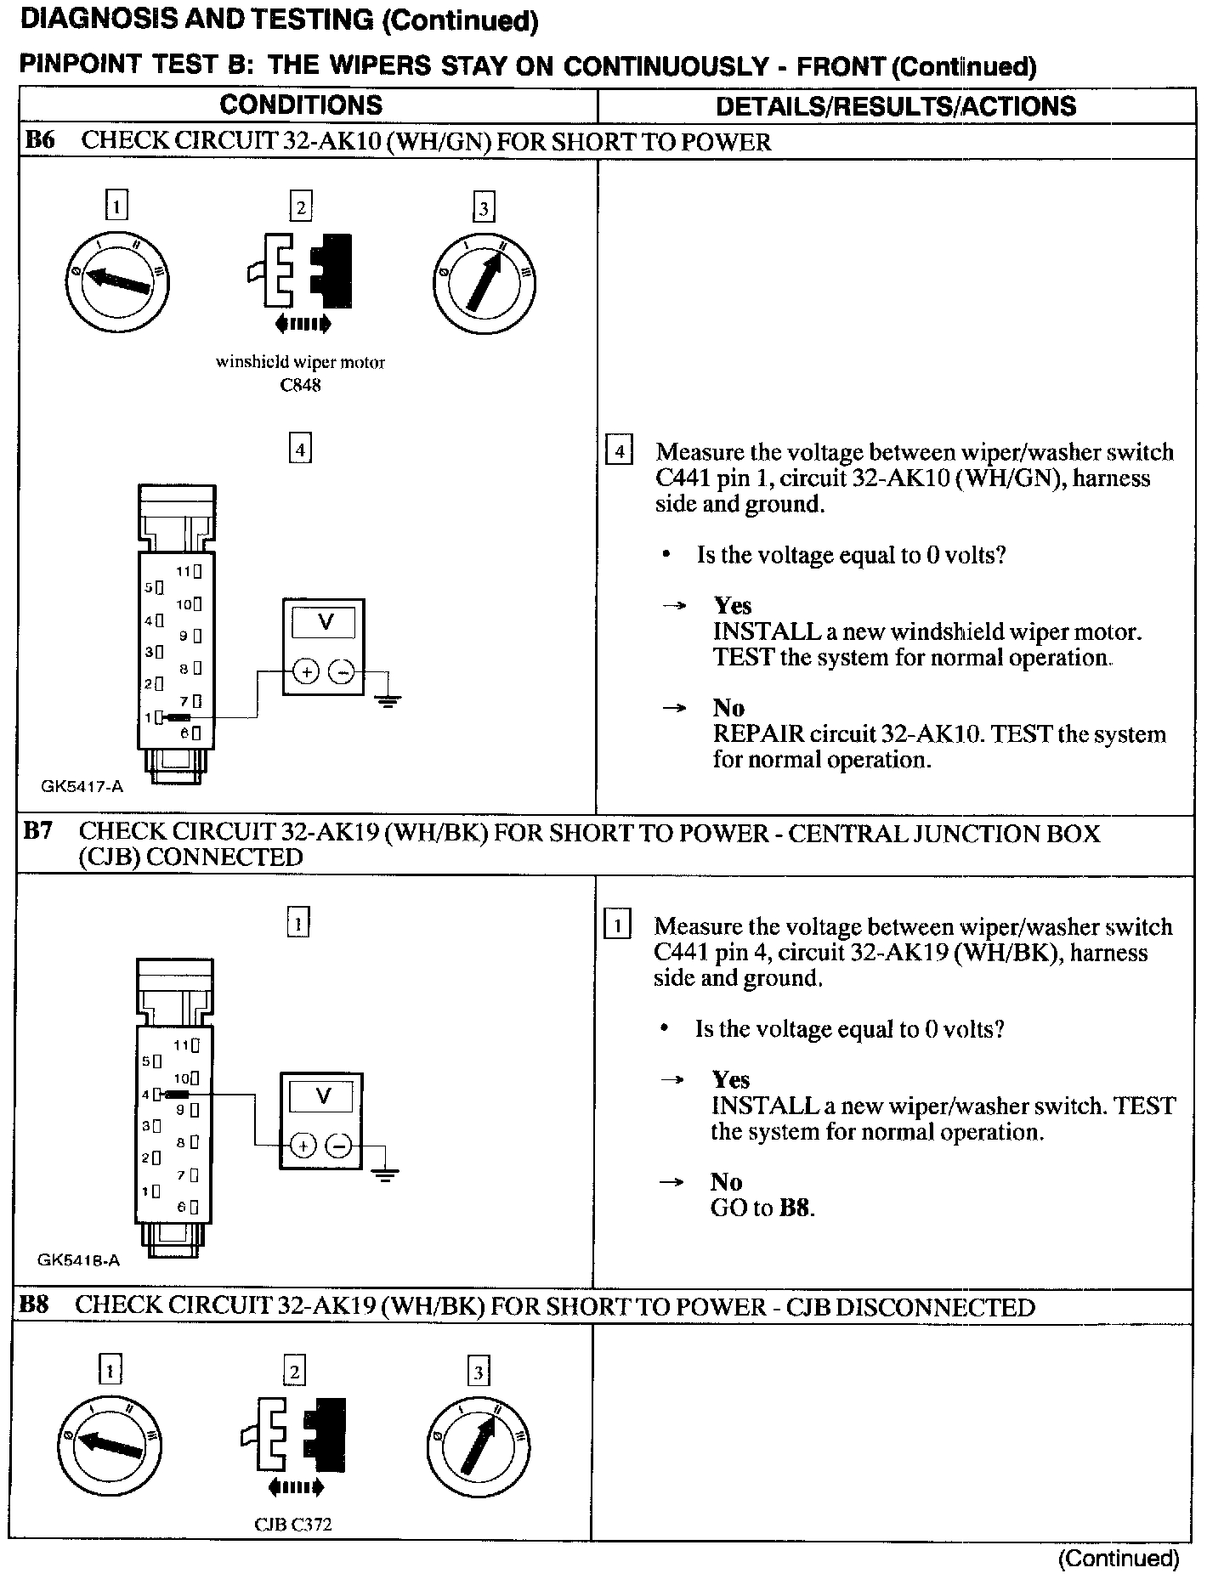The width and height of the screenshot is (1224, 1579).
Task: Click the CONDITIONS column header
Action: (301, 105)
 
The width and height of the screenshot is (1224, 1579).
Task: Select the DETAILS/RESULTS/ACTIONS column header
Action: (896, 106)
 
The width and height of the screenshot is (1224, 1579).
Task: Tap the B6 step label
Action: (40, 140)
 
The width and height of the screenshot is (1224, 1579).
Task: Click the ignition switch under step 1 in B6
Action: (116, 280)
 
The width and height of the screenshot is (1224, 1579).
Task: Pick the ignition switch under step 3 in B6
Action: (484, 281)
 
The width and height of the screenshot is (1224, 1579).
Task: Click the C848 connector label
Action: (300, 385)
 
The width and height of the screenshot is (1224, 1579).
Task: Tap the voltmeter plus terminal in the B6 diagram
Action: (306, 672)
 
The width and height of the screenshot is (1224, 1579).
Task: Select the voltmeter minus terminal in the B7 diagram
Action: (339, 1146)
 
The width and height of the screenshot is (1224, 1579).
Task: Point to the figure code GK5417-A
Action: (82, 786)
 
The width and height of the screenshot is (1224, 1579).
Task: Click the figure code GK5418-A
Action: (78, 1260)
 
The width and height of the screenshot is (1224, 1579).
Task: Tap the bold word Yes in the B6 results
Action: (733, 606)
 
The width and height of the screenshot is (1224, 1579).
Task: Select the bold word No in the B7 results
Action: (727, 1182)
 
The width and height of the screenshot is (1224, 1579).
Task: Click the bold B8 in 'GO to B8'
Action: (796, 1208)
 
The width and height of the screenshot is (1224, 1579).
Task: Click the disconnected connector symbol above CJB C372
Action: (294, 1441)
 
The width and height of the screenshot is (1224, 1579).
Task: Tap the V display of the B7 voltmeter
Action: (322, 1096)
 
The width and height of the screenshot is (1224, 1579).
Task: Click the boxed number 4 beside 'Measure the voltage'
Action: (619, 450)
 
